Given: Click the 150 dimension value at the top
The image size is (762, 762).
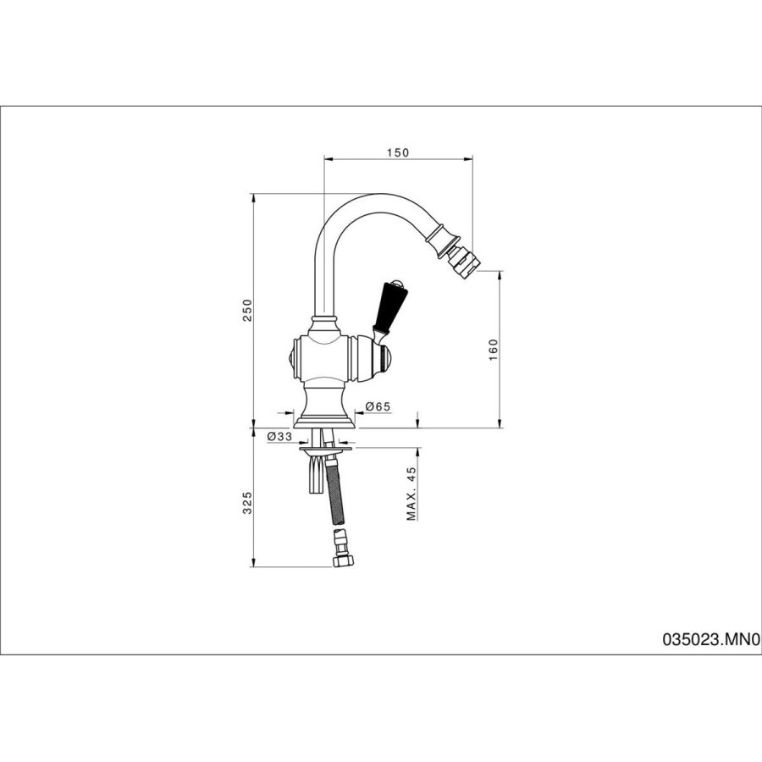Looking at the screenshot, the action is (398, 152).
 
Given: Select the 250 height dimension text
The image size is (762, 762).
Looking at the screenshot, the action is (248, 310).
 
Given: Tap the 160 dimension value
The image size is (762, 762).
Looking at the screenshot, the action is (494, 350).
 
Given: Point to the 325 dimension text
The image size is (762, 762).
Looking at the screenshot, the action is (248, 503).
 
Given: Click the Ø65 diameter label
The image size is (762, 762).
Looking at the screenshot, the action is (377, 406).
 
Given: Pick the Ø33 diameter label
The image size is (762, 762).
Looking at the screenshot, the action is (279, 436).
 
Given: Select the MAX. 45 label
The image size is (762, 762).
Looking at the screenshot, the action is (412, 494).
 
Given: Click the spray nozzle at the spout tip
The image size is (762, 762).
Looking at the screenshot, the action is (464, 260).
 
